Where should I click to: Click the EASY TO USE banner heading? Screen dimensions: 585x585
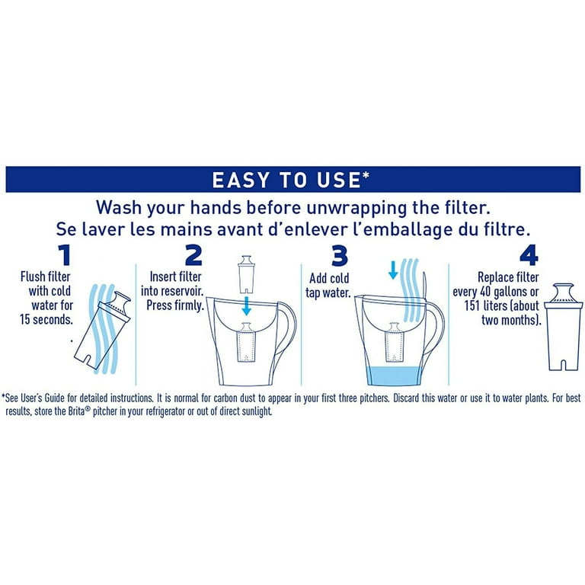click(292, 179)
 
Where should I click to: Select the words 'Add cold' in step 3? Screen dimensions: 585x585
click(330, 279)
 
